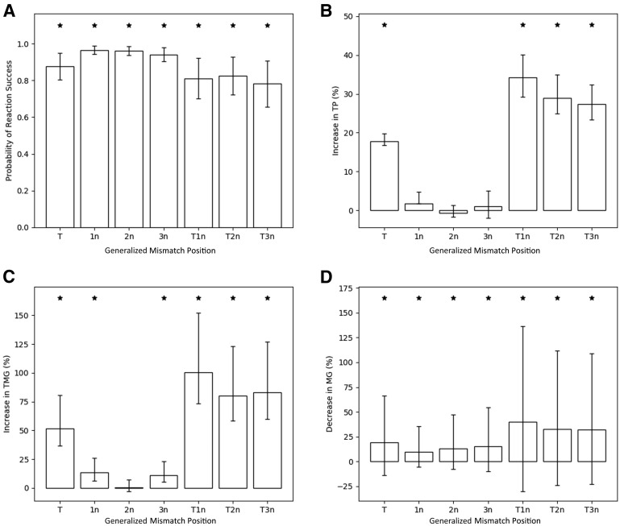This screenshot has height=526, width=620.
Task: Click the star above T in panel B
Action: pos(385,25)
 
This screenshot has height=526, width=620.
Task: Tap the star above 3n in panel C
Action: pos(164,298)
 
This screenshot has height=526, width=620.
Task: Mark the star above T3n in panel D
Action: pos(592,298)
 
